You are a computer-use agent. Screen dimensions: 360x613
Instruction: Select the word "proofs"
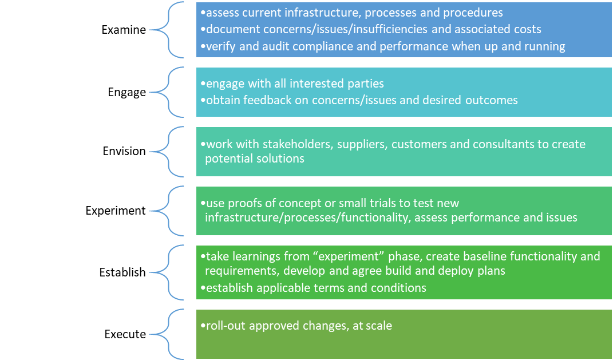tap(246, 203)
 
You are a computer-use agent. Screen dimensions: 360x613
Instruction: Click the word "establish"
tap(230, 288)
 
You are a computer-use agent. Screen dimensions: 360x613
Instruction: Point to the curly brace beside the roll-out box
tap(167, 334)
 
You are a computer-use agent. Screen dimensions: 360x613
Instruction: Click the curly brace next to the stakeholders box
tap(167, 152)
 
